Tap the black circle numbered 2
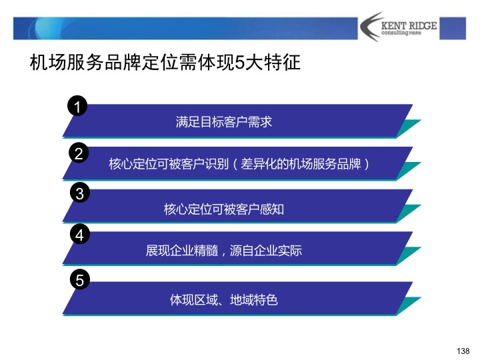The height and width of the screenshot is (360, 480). coord(79,153)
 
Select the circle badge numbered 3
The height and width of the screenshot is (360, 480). coord(79,194)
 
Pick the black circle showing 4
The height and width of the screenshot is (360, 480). coord(79,235)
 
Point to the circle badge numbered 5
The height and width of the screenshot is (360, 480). coord(79,281)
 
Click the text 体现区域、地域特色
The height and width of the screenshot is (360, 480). coord(224,300)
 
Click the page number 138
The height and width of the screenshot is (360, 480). coord(464,351)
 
